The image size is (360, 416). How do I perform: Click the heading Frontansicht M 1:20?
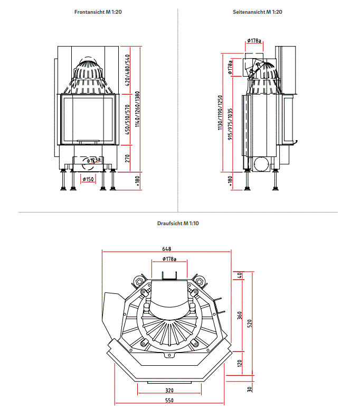pyautogui.click(x=98, y=12)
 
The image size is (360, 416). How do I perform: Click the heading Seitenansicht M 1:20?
pyautogui.click(x=257, y=12)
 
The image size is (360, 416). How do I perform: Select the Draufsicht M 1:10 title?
pyautogui.click(x=178, y=224)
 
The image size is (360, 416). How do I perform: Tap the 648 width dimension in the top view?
pyautogui.click(x=167, y=249)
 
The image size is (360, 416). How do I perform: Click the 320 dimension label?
pyautogui.click(x=169, y=391)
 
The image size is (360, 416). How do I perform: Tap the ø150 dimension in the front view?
pyautogui.click(x=89, y=180)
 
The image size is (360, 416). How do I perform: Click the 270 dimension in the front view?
pyautogui.click(x=127, y=158)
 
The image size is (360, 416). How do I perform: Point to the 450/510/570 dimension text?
pyautogui.click(x=127, y=120)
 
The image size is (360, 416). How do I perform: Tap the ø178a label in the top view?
pyautogui.click(x=169, y=259)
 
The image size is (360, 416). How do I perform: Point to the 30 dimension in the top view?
pyautogui.click(x=250, y=390)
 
